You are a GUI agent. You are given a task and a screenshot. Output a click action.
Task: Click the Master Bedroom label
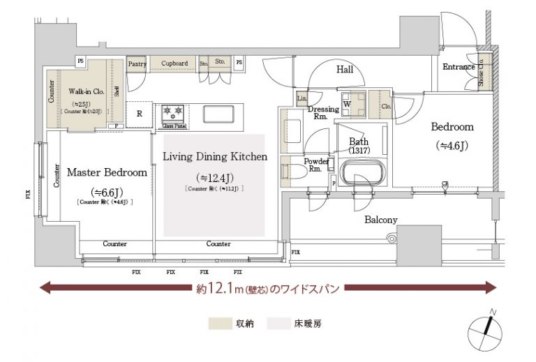tap(106, 172)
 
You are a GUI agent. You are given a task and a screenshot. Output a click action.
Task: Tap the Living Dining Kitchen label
tap(214, 157)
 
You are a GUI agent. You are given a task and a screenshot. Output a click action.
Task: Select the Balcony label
tap(381, 220)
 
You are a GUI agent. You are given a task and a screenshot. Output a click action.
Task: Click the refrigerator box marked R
tap(140, 114)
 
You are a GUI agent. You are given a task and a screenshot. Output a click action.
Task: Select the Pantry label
tap(137, 63)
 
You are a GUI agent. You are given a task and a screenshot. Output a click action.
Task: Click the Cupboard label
tap(174, 63)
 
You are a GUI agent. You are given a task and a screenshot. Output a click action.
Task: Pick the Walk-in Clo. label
tap(86, 91)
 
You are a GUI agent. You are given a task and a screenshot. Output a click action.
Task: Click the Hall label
tap(345, 70)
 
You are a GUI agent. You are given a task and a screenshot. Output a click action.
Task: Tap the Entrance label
tap(459, 67)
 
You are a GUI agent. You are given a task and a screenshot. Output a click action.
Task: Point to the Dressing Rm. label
tap(324, 113)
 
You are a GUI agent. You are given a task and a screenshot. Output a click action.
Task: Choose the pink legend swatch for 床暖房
tap(281, 324)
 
